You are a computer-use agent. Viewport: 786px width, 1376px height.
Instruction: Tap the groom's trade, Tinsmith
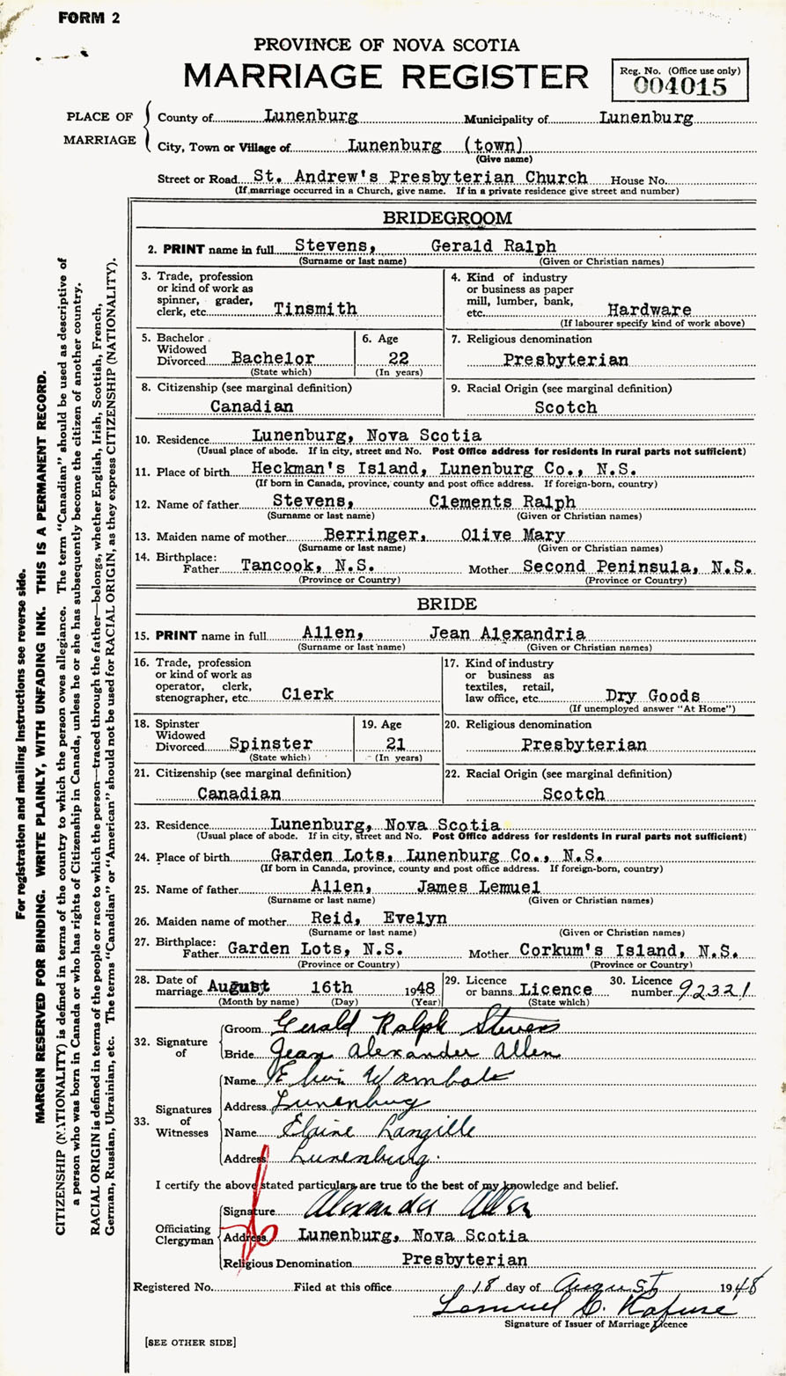[x=315, y=309]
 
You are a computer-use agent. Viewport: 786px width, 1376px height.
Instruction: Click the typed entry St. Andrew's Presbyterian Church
[x=420, y=177]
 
